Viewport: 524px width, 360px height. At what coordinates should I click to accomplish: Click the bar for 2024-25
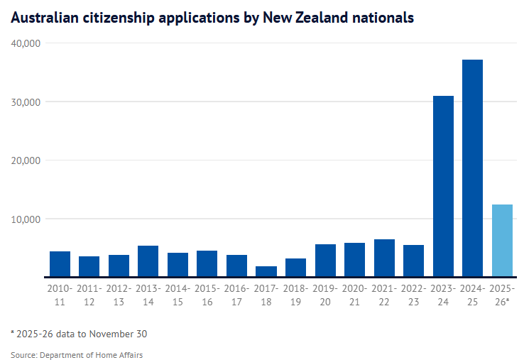tap(472, 168)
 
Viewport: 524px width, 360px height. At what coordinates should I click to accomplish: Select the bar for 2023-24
tap(443, 186)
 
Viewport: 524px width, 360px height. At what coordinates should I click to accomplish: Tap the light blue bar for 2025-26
tap(502, 241)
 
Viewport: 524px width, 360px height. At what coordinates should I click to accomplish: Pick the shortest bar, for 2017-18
tap(266, 271)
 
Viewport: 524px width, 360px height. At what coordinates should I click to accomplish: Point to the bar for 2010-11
tap(60, 264)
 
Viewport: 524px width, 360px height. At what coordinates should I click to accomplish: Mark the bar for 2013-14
tap(148, 261)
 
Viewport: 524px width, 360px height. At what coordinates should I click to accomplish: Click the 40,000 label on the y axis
tap(26, 43)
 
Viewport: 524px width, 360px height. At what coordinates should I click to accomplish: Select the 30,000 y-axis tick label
tap(26, 102)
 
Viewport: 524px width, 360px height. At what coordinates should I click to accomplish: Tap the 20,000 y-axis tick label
tap(26, 160)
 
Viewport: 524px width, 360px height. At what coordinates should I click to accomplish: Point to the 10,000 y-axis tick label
tap(26, 219)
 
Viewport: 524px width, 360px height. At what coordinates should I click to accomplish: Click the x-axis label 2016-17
tap(236, 295)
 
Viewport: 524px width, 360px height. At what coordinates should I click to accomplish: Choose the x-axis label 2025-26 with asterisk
tap(502, 295)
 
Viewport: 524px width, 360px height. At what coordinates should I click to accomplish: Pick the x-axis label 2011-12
tap(89, 295)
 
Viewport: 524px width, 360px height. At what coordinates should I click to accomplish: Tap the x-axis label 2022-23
tap(413, 295)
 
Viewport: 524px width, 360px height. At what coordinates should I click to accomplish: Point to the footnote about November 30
tap(79, 334)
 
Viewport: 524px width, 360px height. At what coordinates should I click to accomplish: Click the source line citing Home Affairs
tap(76, 354)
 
